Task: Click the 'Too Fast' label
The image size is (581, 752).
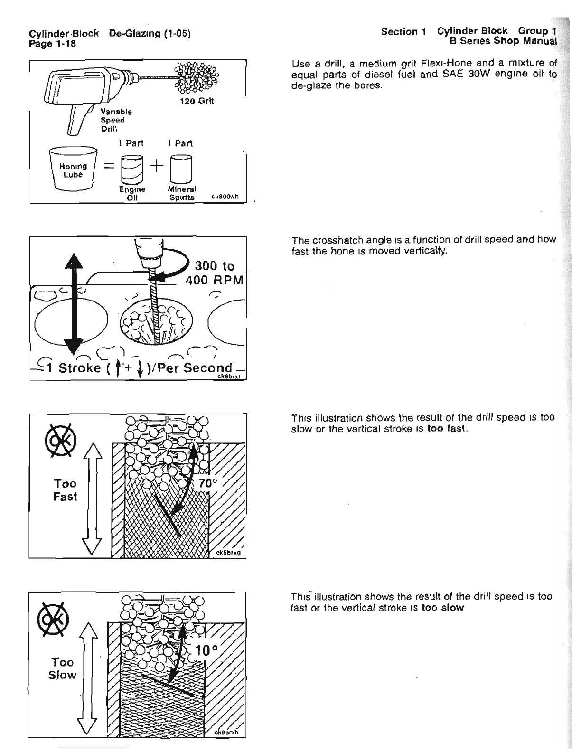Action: [65, 490]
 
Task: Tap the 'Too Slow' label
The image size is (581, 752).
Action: [62, 668]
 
